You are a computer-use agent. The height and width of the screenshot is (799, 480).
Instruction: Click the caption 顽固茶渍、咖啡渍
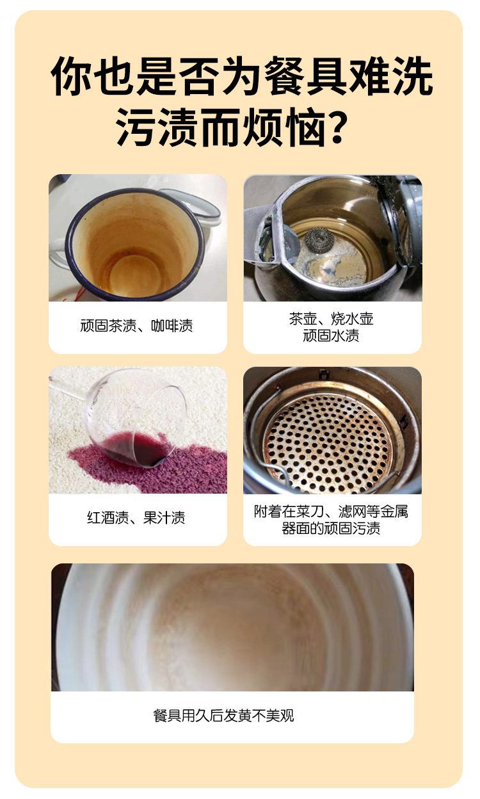pyautogui.click(x=136, y=326)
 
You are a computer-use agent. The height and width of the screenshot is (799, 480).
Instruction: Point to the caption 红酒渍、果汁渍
pyautogui.click(x=136, y=518)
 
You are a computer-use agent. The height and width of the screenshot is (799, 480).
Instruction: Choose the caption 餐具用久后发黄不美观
pyautogui.click(x=223, y=716)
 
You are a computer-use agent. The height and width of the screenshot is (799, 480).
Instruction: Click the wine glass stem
pyautogui.click(x=68, y=387)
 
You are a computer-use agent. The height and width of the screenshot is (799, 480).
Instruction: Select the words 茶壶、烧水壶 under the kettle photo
pyautogui.click(x=332, y=319)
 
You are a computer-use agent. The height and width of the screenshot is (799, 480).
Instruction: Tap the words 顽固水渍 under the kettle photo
pyautogui.click(x=332, y=335)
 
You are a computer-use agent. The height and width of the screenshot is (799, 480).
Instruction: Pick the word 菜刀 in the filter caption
pyautogui.click(x=310, y=512)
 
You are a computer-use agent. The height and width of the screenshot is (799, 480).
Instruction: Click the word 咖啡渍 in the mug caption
pyautogui.click(x=172, y=326)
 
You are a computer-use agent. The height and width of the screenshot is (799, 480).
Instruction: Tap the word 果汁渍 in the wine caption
pyautogui.click(x=164, y=518)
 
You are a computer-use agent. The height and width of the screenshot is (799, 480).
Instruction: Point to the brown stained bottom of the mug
pyautogui.click(x=135, y=275)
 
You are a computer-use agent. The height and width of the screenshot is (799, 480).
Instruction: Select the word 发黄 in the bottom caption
pyautogui.click(x=238, y=716)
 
